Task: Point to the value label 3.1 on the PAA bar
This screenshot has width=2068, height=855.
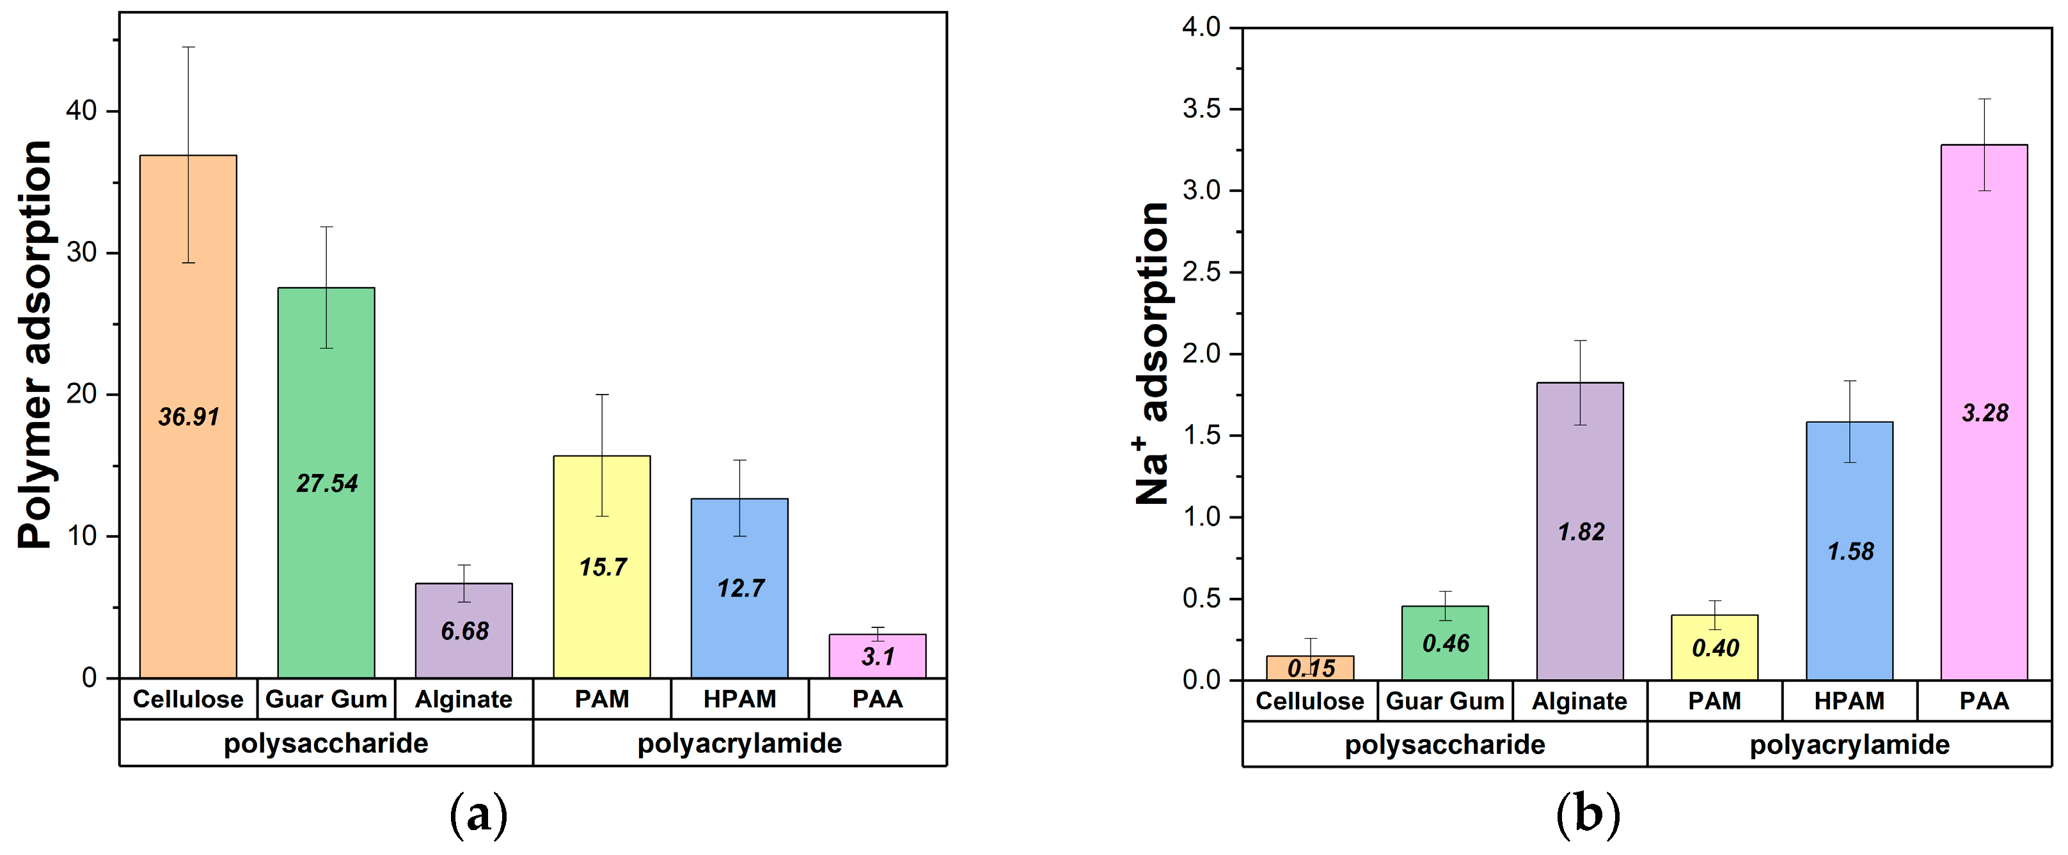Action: (x=878, y=657)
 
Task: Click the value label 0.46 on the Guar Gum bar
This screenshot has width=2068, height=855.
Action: (x=1445, y=643)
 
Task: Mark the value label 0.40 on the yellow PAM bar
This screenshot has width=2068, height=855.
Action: (x=1715, y=648)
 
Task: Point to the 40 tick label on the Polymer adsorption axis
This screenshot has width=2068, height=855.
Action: (x=81, y=111)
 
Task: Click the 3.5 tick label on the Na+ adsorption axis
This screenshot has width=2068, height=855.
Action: (x=1201, y=109)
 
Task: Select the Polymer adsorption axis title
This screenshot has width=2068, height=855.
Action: (x=35, y=345)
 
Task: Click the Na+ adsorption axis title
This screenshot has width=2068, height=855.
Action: (x=1153, y=353)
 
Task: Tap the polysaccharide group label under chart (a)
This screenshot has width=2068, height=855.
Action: (x=326, y=743)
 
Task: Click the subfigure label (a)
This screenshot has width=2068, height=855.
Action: (x=478, y=815)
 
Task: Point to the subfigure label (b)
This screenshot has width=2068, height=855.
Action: (x=1588, y=815)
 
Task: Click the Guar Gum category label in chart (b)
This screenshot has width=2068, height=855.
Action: (x=1445, y=701)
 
